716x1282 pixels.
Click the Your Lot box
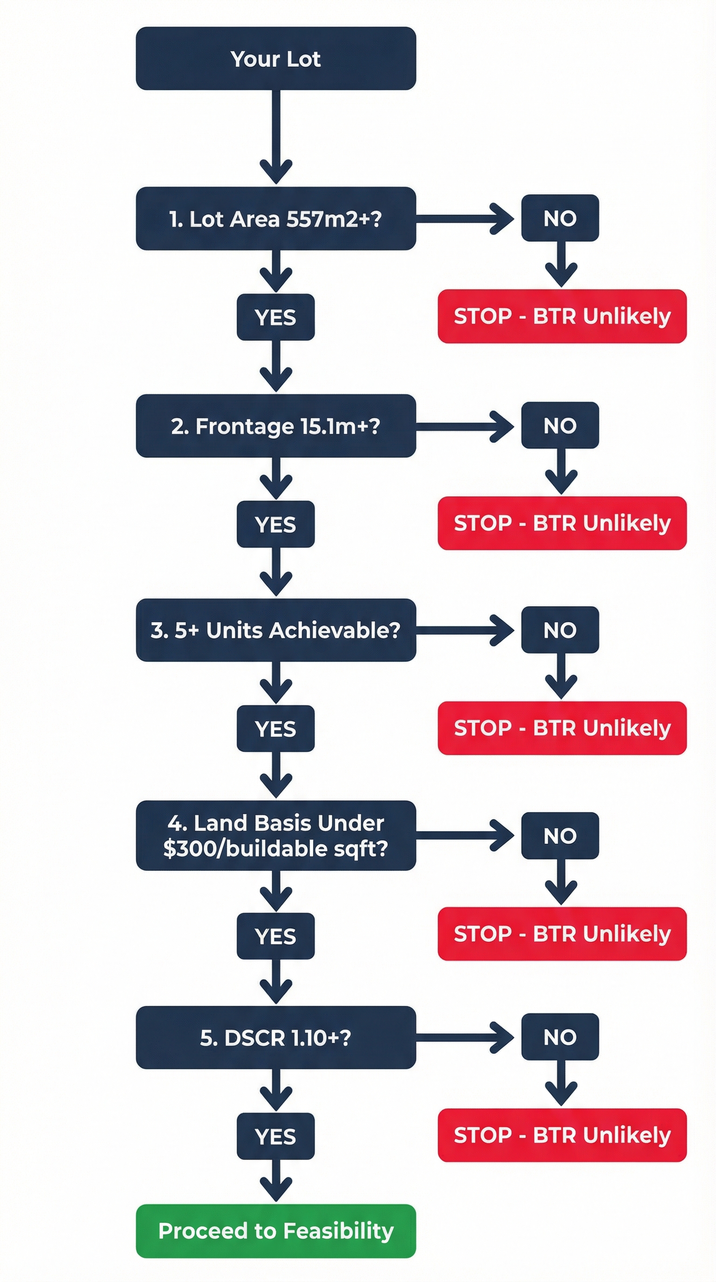coord(275,59)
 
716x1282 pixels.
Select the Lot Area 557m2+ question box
coord(275,218)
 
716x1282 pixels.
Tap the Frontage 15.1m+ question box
coord(275,426)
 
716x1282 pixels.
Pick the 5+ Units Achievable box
coord(275,630)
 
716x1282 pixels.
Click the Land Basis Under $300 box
coord(275,836)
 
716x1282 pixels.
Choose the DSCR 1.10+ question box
coord(275,1037)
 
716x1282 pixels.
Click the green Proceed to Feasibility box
coord(275,1231)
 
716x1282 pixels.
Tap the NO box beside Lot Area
coord(560,218)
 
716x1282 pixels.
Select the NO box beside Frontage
coord(560,425)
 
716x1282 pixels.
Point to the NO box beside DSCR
coord(560,1037)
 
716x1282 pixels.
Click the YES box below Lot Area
coord(275,318)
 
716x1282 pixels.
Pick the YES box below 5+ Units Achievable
coord(275,729)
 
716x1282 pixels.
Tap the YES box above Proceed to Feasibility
coord(275,1136)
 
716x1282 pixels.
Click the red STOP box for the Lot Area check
coord(562,316)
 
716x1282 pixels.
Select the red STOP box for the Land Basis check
coord(562,934)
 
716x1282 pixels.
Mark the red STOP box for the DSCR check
coord(562,1135)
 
